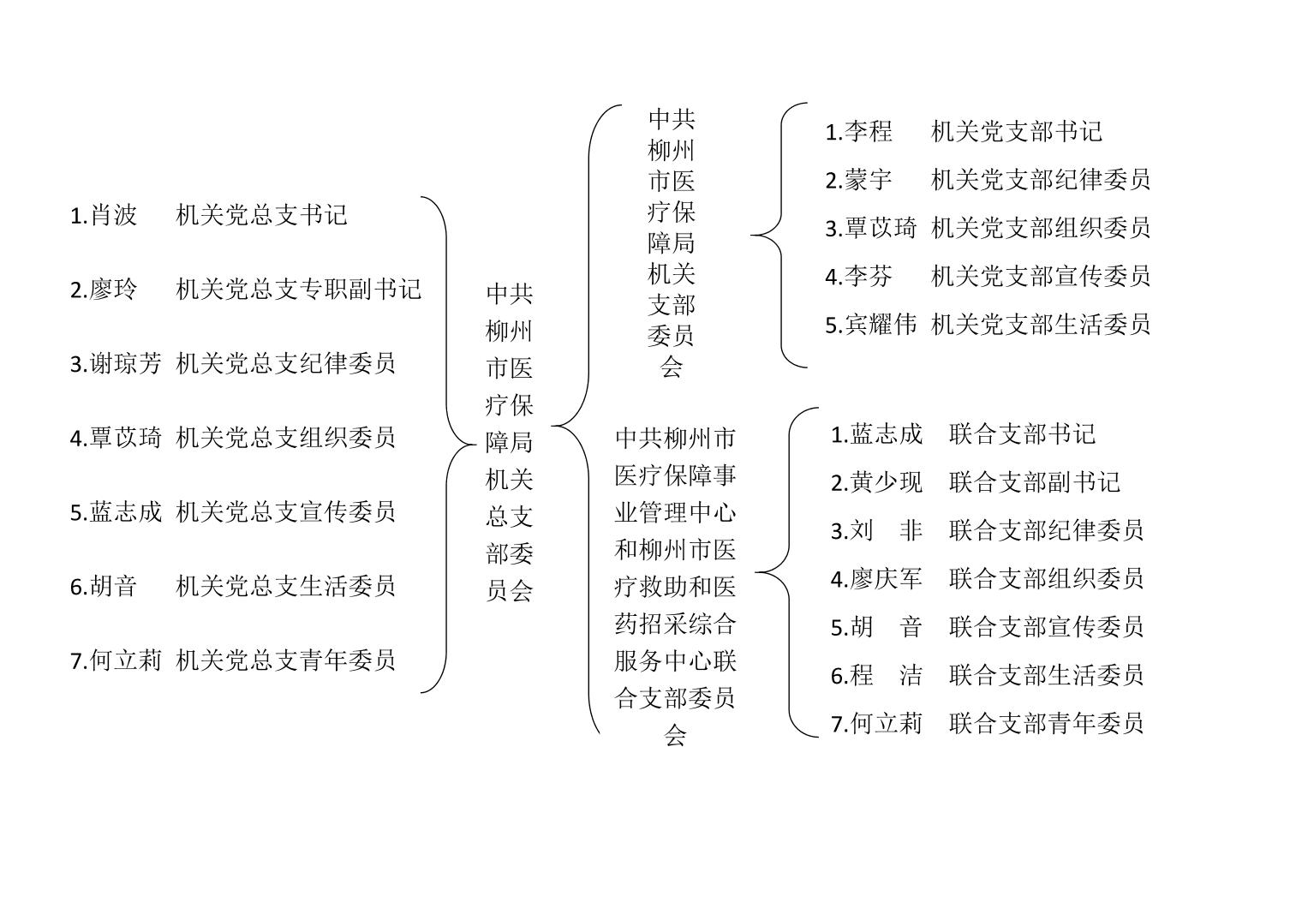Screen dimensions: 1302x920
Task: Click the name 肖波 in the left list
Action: point(113,215)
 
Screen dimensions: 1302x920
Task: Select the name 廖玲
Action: point(113,290)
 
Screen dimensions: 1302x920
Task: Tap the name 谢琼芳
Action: point(126,364)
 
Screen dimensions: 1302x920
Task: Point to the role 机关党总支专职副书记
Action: point(298,290)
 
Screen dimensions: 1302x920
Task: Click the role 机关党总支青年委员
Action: point(285,660)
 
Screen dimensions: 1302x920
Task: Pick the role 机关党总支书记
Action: point(261,215)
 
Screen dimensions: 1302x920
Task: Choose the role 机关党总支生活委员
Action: point(285,586)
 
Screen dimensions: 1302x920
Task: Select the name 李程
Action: point(868,131)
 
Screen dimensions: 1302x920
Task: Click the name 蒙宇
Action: point(868,180)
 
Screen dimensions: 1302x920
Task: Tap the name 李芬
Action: point(868,276)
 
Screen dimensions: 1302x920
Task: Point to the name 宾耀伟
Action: point(880,325)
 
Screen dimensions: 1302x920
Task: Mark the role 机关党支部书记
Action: point(1017,131)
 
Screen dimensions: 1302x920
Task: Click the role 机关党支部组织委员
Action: point(1041,228)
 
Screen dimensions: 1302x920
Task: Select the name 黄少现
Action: point(886,482)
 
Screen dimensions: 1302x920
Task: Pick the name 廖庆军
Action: point(886,579)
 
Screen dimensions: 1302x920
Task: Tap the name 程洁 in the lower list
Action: point(886,675)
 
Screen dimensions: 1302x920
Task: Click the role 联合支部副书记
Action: point(1035,482)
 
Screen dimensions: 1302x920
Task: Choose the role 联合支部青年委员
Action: point(1046,724)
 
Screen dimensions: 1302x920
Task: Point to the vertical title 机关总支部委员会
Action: point(509,442)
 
